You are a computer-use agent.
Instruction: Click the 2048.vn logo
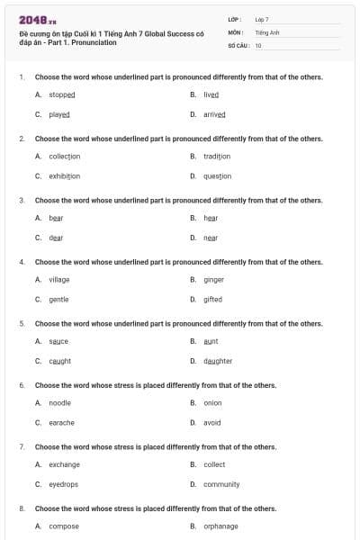click(x=37, y=20)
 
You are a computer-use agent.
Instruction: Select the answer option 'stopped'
click(x=61, y=94)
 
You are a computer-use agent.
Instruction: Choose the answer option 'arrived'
click(x=213, y=114)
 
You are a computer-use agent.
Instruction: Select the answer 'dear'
click(x=56, y=238)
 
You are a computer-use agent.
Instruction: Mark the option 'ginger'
click(x=213, y=279)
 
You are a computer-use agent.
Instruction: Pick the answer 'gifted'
click(x=212, y=299)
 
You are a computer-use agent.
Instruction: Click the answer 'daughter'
click(x=217, y=361)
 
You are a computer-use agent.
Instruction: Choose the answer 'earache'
click(x=61, y=422)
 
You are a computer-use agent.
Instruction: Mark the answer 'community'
click(x=221, y=484)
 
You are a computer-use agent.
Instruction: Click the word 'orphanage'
click(x=220, y=526)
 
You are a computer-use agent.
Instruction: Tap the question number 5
click(x=21, y=323)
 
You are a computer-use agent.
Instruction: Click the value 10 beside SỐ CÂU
click(x=258, y=45)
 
